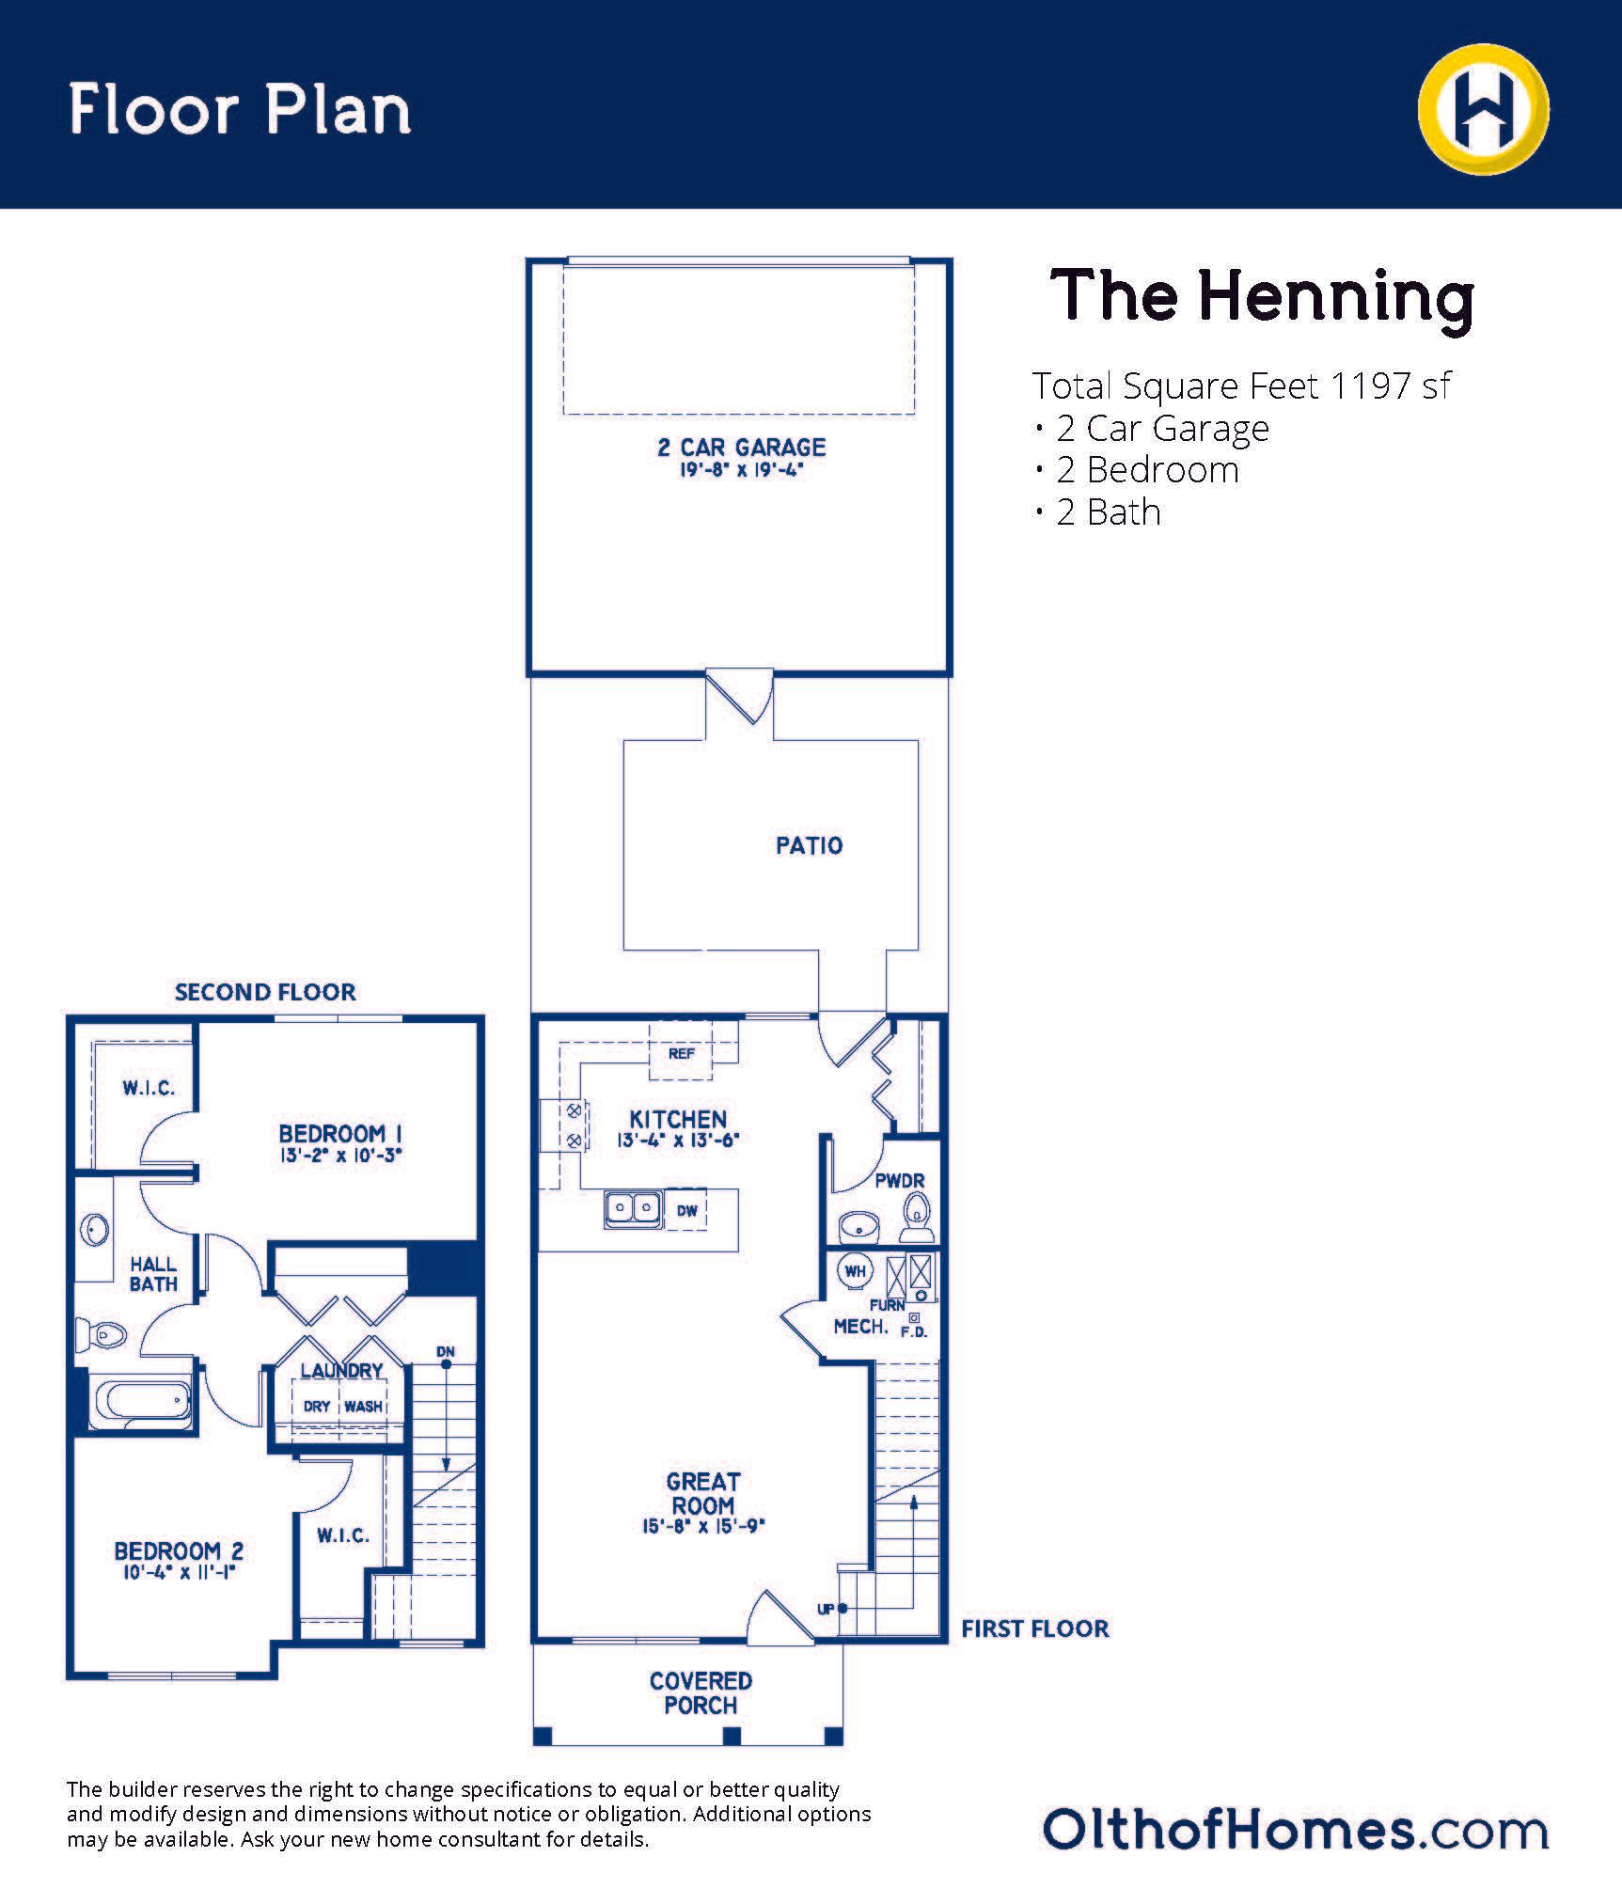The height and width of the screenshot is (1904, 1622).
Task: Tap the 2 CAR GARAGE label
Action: coord(741,448)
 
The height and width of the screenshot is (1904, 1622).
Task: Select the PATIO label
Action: coord(809,845)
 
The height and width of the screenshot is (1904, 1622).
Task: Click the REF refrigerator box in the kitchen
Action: coord(681,1053)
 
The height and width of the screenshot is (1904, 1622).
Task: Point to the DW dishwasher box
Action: coord(686,1210)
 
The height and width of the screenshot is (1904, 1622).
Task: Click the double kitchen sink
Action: coord(632,1207)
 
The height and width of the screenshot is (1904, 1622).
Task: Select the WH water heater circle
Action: coord(855,1271)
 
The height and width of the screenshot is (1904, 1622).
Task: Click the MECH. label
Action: coord(860,1327)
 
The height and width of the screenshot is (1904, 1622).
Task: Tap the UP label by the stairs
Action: coord(826,1609)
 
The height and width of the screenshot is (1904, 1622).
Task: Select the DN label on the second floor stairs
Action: coord(446,1352)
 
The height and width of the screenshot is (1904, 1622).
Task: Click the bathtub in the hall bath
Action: coord(142,1403)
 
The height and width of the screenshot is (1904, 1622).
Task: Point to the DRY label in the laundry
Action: coord(317,1407)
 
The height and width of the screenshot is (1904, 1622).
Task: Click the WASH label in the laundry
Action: coord(363,1407)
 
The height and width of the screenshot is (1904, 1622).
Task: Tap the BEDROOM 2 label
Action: coord(179,1550)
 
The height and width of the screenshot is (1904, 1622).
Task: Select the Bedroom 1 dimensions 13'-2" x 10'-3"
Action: coord(340,1156)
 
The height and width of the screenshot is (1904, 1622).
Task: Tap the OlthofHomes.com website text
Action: coord(1295,1830)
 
